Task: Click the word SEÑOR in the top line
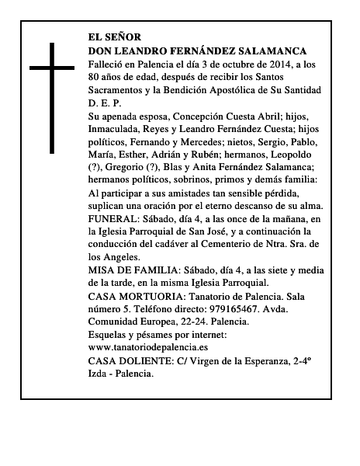[123, 37]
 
